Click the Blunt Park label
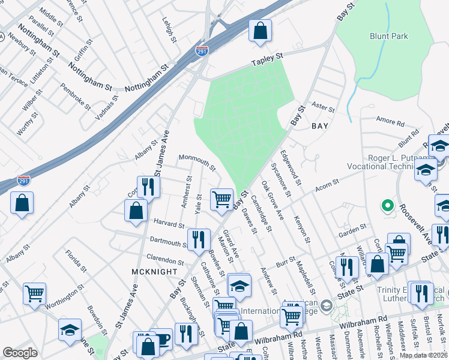[x=389, y=36]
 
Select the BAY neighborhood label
[x=320, y=126]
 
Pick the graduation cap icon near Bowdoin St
[x=70, y=329]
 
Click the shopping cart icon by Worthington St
[x=34, y=294]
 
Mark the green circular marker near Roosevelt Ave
[x=388, y=207]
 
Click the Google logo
[x=20, y=352]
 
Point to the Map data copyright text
[x=424, y=355]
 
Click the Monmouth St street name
[x=197, y=162]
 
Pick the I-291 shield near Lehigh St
[x=202, y=52]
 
